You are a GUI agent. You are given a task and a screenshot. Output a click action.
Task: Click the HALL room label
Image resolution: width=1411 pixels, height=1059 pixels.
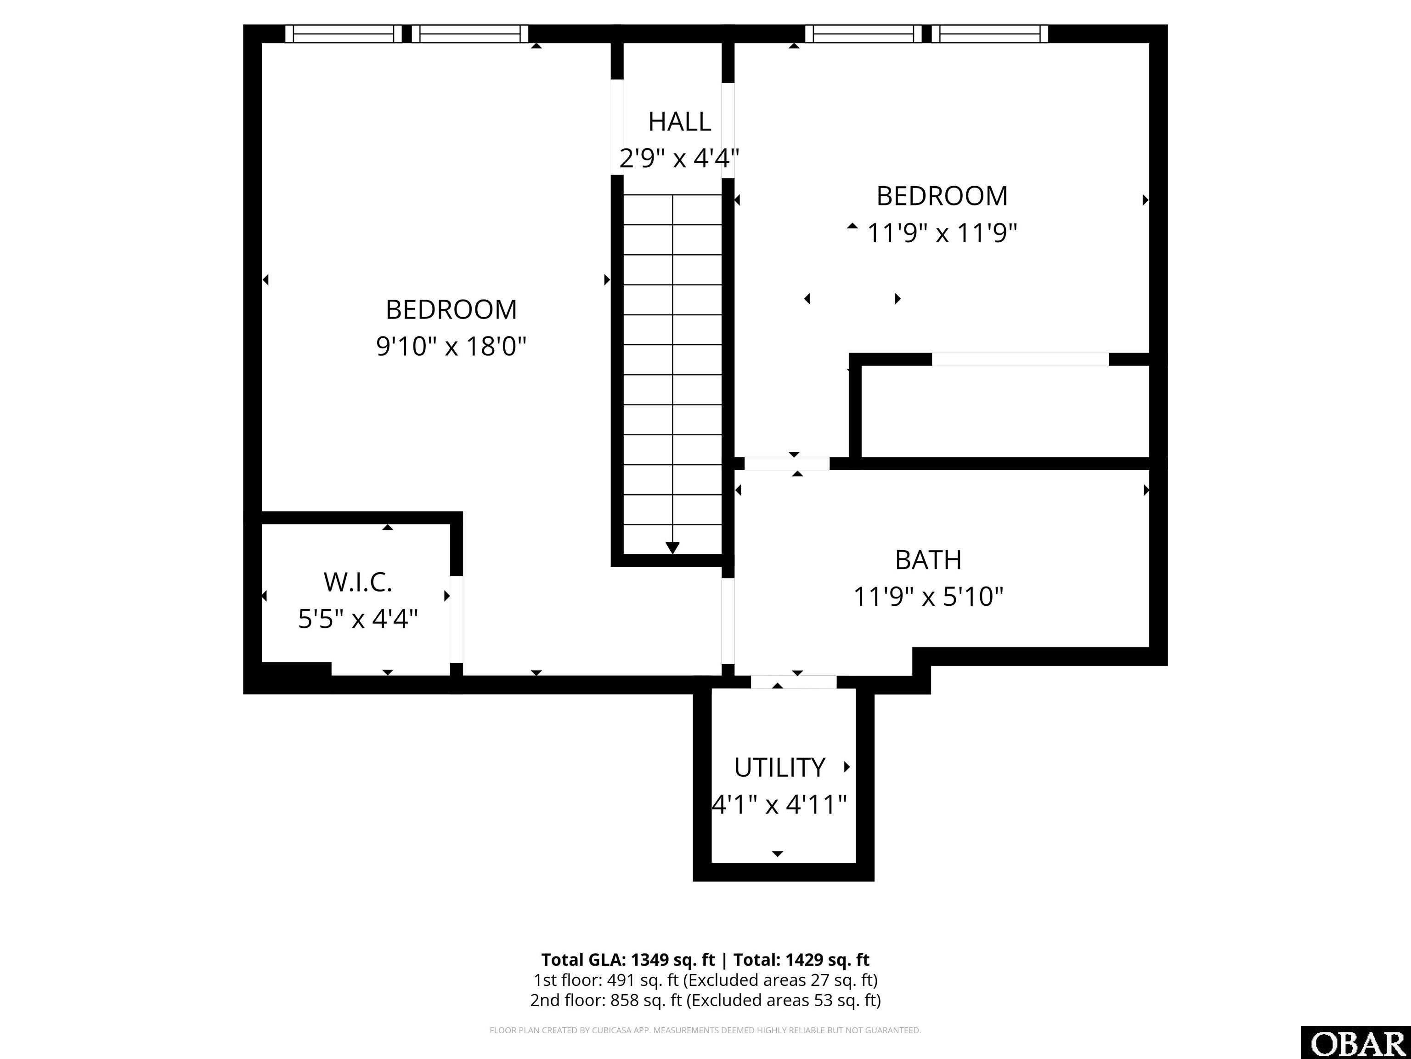[679, 121]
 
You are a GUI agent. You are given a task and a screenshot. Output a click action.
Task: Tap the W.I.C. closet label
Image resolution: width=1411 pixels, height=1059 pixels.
[358, 582]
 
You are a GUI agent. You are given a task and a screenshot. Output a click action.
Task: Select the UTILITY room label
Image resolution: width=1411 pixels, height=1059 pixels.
[779, 767]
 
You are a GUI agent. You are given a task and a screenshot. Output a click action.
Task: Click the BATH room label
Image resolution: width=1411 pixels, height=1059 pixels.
[928, 560]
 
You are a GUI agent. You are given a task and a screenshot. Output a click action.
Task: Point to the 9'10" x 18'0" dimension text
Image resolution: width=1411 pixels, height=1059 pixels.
[451, 347]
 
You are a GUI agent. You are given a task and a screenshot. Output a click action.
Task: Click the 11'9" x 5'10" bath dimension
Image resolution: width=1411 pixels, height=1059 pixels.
[928, 597]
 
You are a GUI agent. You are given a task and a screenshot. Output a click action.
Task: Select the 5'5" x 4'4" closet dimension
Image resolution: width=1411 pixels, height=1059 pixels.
[358, 619]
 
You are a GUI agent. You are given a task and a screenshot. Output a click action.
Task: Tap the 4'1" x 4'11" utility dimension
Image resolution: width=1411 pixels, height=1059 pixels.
[779, 804]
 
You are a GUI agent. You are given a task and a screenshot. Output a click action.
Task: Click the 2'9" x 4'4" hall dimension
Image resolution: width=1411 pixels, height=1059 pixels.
[679, 158]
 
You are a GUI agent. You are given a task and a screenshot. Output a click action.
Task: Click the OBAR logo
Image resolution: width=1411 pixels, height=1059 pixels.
[1355, 1043]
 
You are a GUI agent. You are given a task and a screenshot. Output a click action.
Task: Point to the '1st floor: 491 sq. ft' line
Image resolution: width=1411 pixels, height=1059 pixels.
[605, 980]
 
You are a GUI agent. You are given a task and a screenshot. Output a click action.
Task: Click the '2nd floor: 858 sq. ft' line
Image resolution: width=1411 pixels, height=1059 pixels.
[606, 1000]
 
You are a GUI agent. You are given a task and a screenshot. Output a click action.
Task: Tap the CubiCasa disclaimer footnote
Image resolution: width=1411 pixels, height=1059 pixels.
[705, 1031]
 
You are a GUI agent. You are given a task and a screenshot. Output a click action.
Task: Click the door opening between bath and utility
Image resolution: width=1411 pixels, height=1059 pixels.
[794, 682]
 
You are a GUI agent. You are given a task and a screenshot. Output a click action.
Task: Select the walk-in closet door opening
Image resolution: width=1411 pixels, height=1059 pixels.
[457, 619]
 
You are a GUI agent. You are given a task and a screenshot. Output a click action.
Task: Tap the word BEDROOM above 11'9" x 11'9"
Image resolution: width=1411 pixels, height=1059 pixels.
[942, 196]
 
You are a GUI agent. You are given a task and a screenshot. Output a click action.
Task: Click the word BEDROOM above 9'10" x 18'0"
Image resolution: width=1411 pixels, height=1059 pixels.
[451, 310]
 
